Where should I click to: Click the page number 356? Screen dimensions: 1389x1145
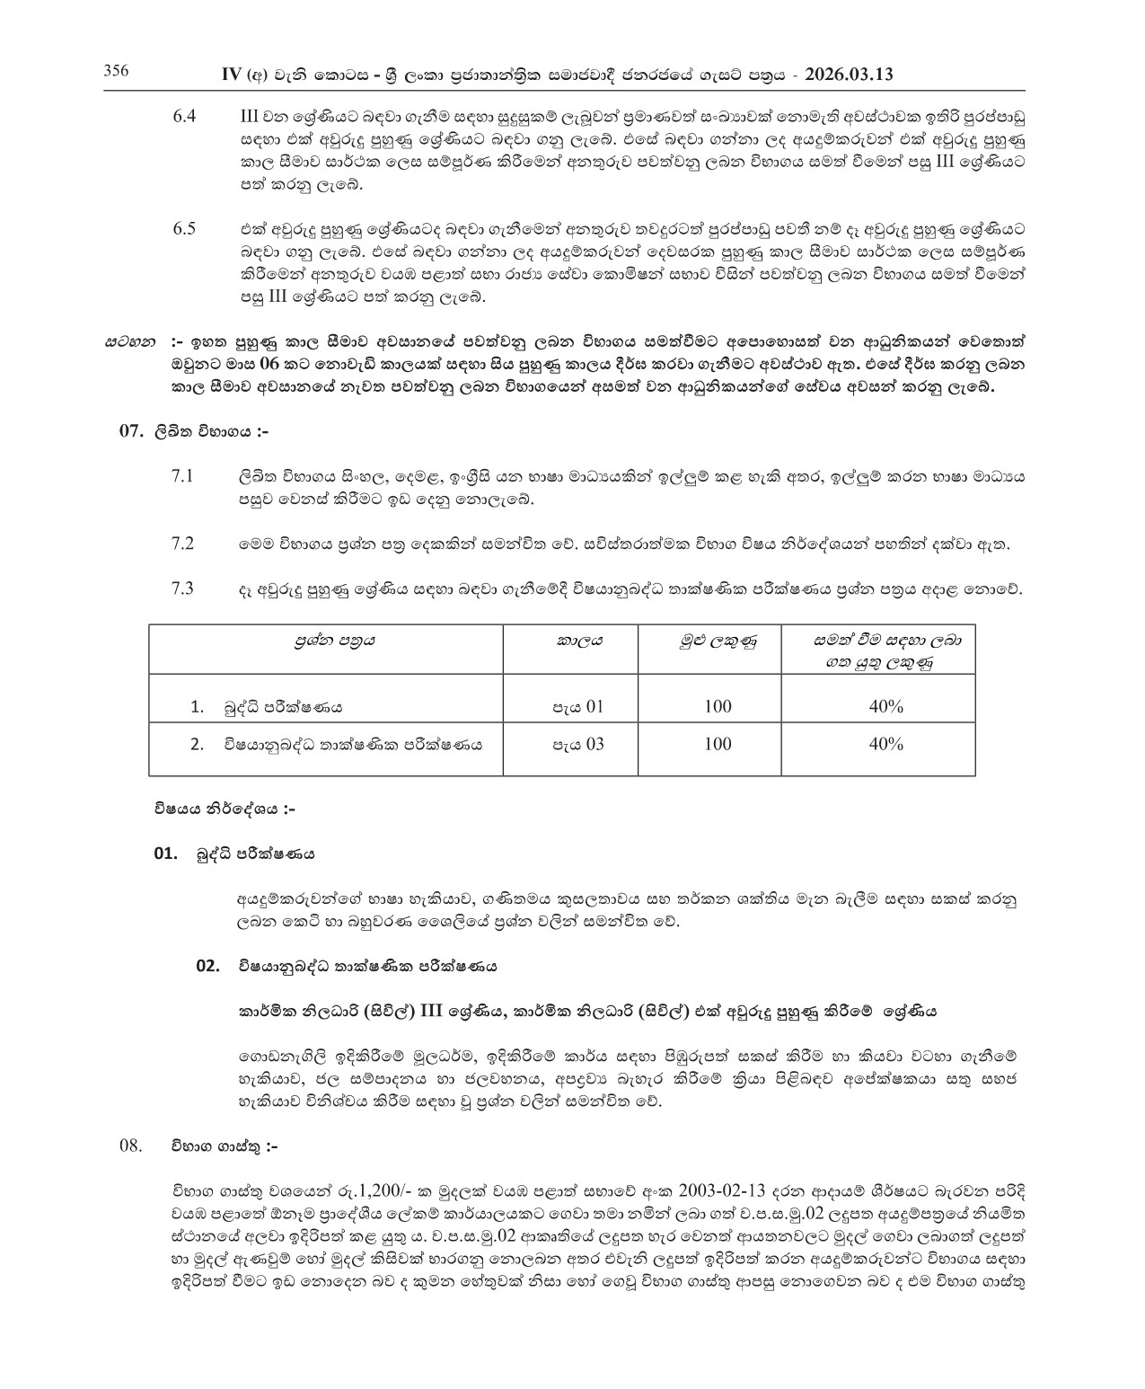[117, 72]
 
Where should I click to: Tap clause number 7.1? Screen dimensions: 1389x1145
[182, 475]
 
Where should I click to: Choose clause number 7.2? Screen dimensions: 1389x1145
[182, 543]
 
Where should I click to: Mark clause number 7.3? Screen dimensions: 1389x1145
[182, 588]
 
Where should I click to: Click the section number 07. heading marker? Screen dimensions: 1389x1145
[131, 431]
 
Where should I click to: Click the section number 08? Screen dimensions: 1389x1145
[131, 1146]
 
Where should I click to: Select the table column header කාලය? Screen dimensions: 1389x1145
[579, 641]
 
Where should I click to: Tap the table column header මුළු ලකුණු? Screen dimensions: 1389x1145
[718, 641]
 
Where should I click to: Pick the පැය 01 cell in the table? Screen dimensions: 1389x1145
[578, 706]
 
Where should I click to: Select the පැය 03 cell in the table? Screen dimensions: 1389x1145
[578, 744]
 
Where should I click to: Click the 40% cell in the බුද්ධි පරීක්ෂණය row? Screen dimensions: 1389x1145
[885, 706]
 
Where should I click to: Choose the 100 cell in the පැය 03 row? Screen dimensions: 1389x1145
[718, 744]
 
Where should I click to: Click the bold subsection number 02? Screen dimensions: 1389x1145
[207, 966]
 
